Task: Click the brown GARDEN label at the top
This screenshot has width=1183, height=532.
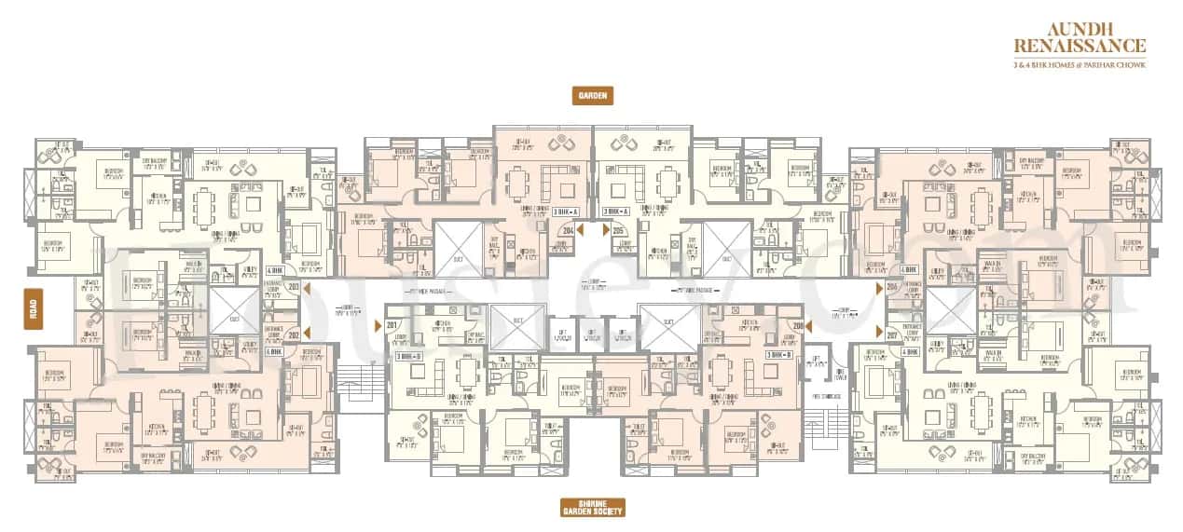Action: (592, 95)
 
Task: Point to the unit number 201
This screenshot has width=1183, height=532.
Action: (392, 324)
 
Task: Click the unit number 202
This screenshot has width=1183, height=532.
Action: (294, 334)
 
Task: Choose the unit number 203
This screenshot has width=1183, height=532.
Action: (294, 288)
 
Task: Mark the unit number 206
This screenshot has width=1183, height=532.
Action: (892, 287)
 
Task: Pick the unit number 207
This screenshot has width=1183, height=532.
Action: (892, 334)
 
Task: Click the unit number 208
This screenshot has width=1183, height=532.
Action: (798, 325)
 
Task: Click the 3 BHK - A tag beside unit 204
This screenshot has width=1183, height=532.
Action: (565, 212)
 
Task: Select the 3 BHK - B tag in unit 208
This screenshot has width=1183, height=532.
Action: (779, 355)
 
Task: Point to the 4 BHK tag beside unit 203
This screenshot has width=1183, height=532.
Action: (274, 269)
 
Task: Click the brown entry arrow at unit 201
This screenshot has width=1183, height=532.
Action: (378, 324)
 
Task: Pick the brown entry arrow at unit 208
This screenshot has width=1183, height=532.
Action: (810, 325)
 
